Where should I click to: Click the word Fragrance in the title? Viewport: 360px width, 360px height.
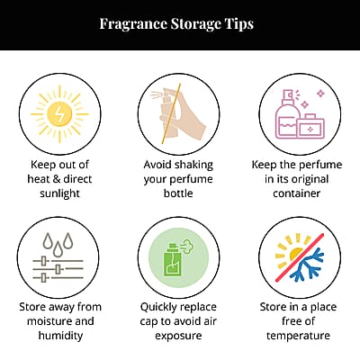click(133, 24)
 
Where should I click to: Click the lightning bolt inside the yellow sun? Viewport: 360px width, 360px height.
click(60, 114)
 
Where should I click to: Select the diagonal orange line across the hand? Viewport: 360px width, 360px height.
click(171, 114)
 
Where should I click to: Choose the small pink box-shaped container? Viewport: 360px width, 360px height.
click(311, 127)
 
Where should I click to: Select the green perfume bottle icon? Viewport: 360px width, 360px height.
click(173, 260)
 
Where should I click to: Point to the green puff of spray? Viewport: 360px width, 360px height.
click(187, 247)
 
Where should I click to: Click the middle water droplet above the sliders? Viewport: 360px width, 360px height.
click(58, 248)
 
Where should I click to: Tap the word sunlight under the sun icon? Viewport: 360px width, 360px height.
click(60, 193)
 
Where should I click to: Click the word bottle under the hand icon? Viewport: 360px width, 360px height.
click(178, 193)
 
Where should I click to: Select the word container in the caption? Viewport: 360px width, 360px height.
click(297, 193)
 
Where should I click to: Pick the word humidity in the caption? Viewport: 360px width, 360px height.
click(60, 336)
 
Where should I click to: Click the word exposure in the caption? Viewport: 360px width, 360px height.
click(178, 336)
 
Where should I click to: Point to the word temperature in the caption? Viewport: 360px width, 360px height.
click(298, 336)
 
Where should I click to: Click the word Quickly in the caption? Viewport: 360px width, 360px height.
click(158, 307)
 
